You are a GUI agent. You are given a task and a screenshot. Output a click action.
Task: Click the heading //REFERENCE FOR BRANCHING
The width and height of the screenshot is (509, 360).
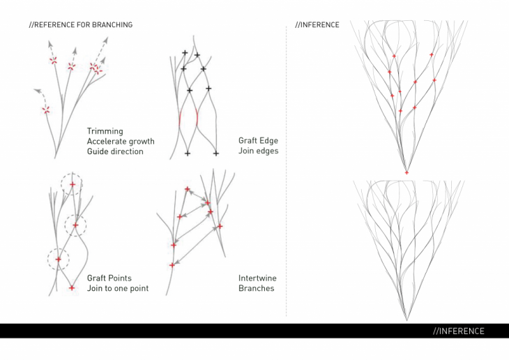pos(81,24)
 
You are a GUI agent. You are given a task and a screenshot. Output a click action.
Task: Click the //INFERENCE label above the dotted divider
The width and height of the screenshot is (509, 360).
pos(317,24)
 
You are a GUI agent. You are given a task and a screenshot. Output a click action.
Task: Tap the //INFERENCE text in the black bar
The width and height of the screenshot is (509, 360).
pos(459,331)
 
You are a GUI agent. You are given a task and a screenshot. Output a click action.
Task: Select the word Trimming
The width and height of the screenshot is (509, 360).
pos(105,131)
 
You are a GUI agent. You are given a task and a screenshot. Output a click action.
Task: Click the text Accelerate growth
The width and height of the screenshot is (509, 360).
pos(121,142)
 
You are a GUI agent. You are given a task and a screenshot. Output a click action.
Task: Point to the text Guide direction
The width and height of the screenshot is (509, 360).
pos(115,151)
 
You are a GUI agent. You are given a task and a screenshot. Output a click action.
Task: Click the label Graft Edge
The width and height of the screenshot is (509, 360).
pos(259,141)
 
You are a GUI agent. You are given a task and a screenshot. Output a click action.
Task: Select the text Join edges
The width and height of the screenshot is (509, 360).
pos(259,151)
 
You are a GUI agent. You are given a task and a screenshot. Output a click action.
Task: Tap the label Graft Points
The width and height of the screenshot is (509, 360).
pos(109,278)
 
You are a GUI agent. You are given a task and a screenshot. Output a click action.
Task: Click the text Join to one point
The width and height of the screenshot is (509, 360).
pos(118,288)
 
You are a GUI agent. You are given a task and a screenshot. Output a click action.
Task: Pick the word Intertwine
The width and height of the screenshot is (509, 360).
pos(257,278)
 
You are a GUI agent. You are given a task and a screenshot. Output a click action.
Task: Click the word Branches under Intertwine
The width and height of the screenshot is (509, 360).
pos(257,288)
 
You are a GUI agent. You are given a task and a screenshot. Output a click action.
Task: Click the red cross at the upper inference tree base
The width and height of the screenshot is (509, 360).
pos(407,172)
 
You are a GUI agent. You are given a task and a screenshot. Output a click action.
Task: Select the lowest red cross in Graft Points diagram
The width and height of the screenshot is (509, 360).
pos(72,288)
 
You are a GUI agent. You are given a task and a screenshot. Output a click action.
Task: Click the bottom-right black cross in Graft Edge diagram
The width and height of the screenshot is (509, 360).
pos(216,153)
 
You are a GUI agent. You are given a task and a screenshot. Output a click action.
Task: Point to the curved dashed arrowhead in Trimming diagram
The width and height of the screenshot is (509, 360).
pos(37,90)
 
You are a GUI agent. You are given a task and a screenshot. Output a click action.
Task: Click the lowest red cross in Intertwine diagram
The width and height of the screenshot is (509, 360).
pos(172,265)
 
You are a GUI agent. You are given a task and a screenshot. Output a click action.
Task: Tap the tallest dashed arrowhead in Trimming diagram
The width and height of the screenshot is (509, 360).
pos(106,40)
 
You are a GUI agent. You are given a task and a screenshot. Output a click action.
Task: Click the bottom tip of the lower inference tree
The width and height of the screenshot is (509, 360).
pos(407,321)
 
